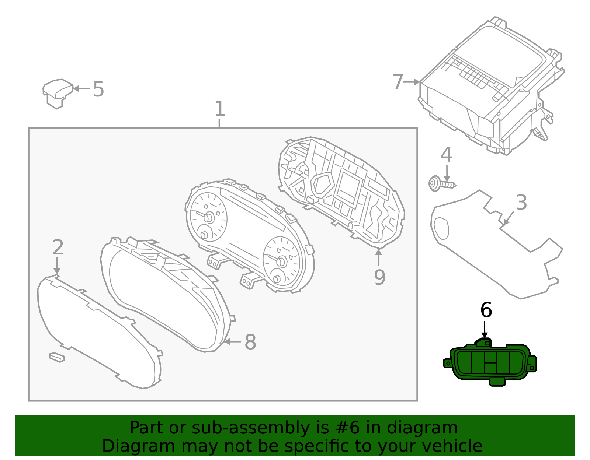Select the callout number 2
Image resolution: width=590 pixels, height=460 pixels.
pos(58,247)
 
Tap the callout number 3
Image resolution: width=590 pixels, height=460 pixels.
pos(521,202)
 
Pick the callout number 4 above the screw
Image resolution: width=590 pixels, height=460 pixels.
pos(446,154)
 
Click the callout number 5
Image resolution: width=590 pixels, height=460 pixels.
pos(98,89)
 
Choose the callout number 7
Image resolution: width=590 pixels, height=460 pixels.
pos(398,82)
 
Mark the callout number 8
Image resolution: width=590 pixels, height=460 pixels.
pos(250,342)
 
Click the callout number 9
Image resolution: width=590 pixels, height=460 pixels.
pos(379,277)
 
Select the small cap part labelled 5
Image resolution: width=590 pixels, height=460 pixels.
pos(57,93)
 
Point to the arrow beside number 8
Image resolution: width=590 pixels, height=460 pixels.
pos(232,341)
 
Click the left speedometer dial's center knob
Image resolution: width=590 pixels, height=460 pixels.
pos(209,217)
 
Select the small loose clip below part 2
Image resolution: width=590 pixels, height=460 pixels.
pos(57,357)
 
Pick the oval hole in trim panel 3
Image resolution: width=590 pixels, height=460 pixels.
pos(441,228)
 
